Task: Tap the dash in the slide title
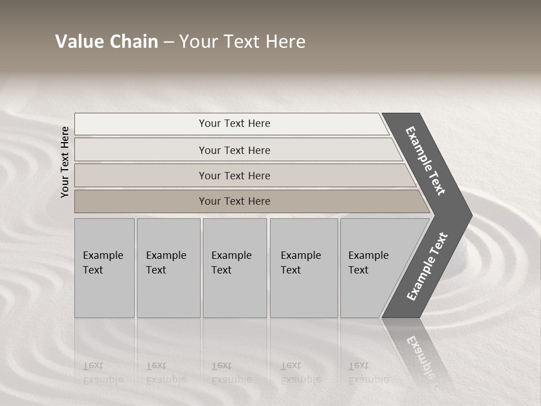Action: coord(168,42)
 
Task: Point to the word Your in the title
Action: coord(197,42)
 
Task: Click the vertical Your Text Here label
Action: coord(65,162)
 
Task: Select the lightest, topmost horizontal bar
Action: coord(234,123)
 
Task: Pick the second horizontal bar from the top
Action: coord(234,150)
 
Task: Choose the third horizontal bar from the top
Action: coord(234,175)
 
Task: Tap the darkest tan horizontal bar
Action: coord(234,201)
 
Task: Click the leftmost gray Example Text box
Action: coord(104,268)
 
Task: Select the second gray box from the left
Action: coord(168,268)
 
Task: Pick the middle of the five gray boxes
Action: coord(234,268)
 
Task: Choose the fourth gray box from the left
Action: coord(304,268)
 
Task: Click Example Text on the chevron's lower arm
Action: coord(427,267)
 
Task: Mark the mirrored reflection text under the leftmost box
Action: coord(103,373)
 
